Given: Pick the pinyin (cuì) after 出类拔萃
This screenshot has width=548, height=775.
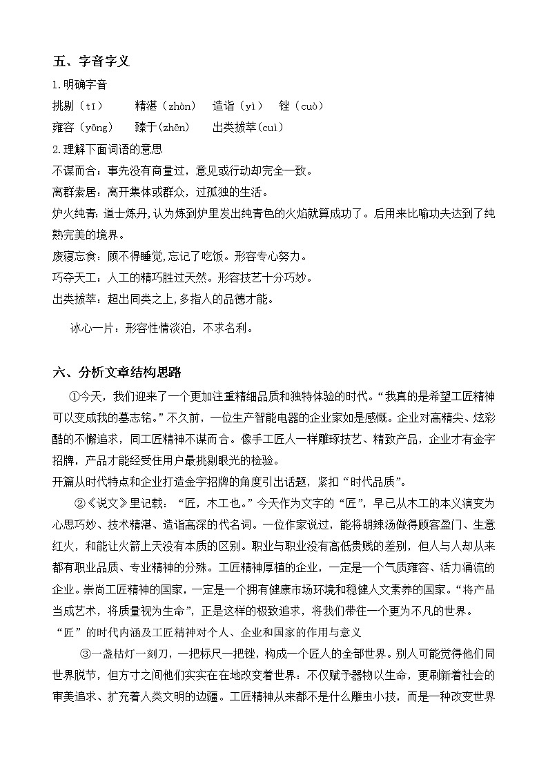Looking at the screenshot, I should click(265, 128).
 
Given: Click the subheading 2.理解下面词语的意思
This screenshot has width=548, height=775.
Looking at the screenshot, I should click(107, 149).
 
